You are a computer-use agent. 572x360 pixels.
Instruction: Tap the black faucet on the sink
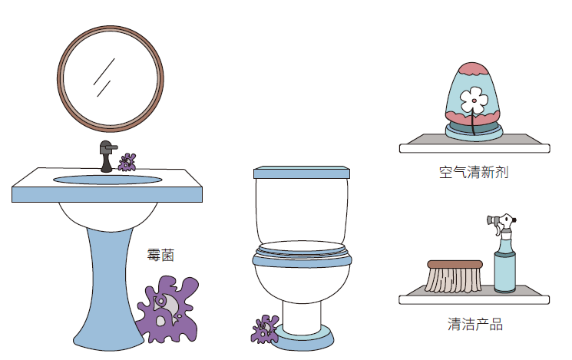[107, 156]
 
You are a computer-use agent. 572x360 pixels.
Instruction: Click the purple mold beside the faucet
[127, 162]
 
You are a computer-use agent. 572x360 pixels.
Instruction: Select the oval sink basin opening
[107, 180]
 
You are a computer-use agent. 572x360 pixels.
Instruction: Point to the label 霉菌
[160, 255]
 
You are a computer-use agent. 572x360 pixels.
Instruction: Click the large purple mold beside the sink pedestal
[168, 309]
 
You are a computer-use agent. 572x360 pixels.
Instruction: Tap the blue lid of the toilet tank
[302, 172]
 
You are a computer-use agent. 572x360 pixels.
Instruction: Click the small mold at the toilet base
[265, 329]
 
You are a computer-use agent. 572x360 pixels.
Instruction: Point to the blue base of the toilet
[305, 339]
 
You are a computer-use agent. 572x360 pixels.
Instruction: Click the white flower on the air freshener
[474, 101]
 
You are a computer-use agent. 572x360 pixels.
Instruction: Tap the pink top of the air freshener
[473, 69]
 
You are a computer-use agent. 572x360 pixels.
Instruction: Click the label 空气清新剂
[474, 172]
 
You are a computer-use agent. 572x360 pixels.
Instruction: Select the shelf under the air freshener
[474, 144]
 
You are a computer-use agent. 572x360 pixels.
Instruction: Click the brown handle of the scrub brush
[455, 265]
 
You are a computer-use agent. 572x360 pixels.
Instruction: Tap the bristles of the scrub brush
[454, 280]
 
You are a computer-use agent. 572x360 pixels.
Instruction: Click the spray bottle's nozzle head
[501, 221]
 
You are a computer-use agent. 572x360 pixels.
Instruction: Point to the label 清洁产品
[475, 324]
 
